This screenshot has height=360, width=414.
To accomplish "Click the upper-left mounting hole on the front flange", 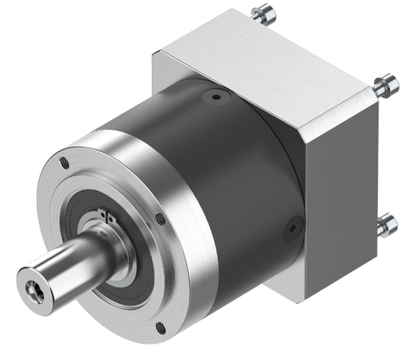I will pyautogui.click(x=65, y=161).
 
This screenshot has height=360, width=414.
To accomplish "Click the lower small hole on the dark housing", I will pyautogui.click(x=294, y=229).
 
